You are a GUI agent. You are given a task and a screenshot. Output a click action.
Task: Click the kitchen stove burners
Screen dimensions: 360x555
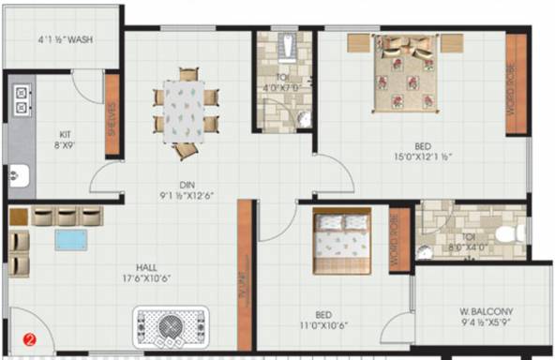click(20, 100)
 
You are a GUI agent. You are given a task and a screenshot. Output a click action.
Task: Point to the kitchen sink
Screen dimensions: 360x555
click(18, 173)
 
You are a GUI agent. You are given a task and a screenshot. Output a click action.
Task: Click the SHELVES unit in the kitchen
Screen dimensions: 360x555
click(112, 127)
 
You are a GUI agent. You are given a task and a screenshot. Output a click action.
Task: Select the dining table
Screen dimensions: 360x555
click(184, 111)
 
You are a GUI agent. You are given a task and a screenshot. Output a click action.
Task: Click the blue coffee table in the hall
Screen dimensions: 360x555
click(69, 239)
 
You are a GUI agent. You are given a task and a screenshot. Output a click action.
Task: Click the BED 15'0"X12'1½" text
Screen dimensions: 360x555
click(425, 152)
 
